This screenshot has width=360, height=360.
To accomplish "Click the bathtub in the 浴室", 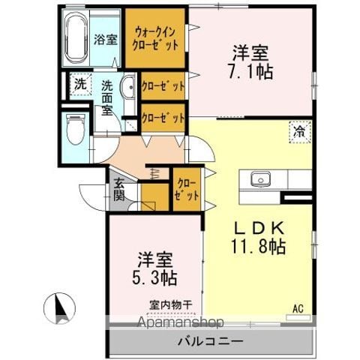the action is point(76,38).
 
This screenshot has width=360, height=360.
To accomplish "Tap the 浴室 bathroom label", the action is point(106,39).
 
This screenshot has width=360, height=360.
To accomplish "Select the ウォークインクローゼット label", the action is point(155,39).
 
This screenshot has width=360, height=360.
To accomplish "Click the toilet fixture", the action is point(76,129).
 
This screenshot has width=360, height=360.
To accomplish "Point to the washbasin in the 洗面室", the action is point(128,86).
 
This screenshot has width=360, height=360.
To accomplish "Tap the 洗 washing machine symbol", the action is point(81,84).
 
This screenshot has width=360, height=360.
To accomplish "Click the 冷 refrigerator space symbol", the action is point(300,132).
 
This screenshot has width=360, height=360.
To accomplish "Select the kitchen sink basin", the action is point(261,179).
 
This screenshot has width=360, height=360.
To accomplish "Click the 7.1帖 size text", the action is point(250,72).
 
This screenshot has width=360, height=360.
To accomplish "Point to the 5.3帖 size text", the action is point(154,278).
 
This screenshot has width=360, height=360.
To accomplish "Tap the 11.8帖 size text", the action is point(258,247).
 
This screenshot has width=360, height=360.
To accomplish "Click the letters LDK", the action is point(259,227).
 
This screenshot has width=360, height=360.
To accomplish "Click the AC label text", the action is point(298,308).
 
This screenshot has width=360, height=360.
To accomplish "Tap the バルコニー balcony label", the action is point(210,341).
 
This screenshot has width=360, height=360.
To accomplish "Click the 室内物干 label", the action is point(171,304).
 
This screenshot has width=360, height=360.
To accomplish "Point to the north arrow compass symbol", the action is point(60,308).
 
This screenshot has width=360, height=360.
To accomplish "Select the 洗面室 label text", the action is point(107,98).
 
